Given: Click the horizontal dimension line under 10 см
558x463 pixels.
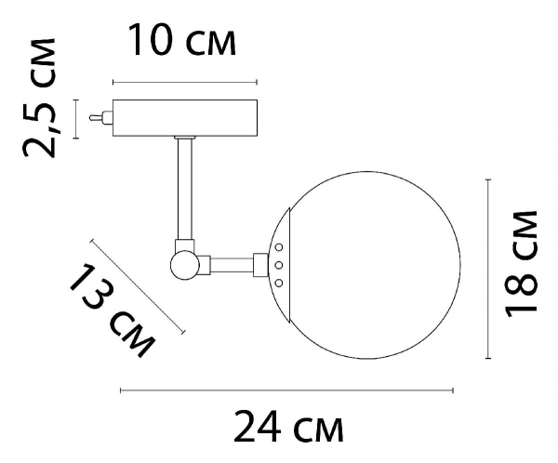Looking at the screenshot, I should [x=184, y=80].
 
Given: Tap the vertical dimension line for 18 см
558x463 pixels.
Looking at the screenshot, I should [x=489, y=270].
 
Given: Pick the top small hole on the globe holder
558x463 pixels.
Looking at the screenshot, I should [x=278, y=247].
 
